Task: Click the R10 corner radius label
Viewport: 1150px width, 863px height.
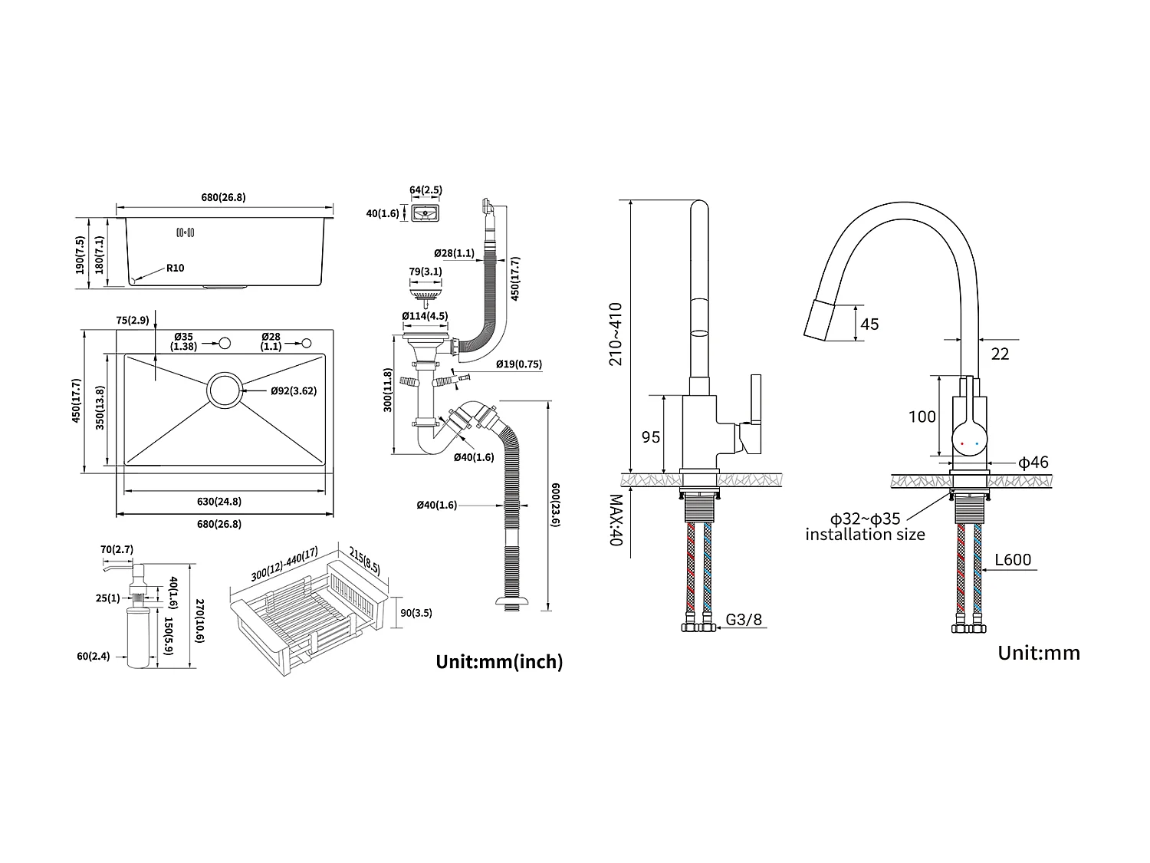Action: [x=175, y=268]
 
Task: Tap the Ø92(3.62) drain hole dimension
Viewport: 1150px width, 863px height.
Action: [x=293, y=390]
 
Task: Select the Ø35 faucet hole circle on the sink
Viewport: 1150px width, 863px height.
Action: [x=225, y=342]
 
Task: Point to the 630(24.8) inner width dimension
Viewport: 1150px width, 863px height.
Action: [x=219, y=502]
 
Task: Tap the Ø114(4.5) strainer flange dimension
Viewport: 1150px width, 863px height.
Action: [x=425, y=316]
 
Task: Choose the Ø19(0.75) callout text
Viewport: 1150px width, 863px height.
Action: [x=518, y=364]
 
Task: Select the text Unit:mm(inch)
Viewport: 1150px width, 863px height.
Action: [x=499, y=661]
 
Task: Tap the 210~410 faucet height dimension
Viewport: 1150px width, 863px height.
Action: [x=616, y=334]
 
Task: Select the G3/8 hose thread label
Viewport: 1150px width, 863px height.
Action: [x=744, y=619]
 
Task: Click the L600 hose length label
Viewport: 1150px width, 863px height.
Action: [x=1013, y=560]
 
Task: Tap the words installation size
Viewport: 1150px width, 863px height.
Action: [x=865, y=535]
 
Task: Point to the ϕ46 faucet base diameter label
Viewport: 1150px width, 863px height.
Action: [x=1033, y=463]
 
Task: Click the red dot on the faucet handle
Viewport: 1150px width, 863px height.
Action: [x=963, y=443]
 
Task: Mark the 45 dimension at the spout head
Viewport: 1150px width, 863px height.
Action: [x=869, y=324]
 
